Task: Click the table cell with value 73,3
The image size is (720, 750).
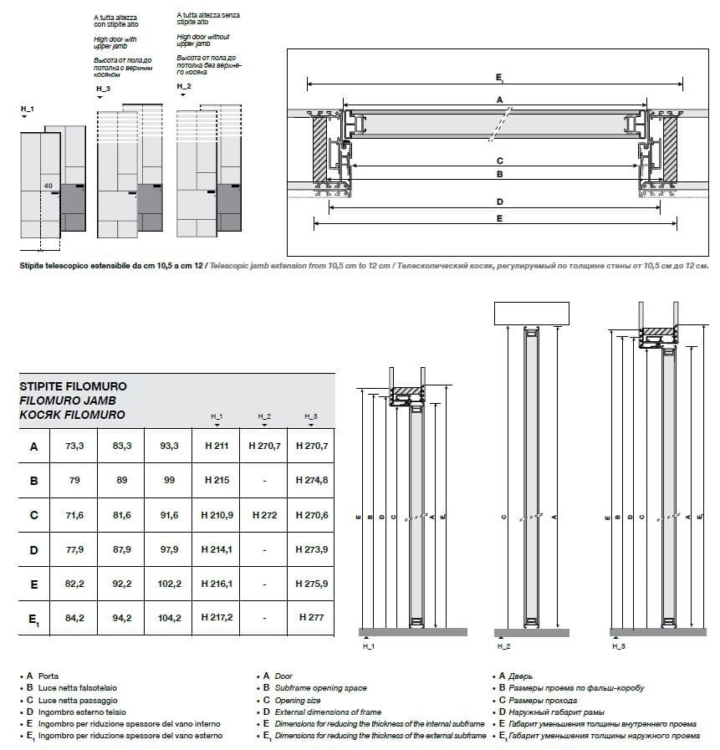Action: [74, 446]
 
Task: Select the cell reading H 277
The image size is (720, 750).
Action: [311, 618]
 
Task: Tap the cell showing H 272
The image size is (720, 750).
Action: [263, 515]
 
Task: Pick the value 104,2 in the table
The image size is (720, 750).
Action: [169, 618]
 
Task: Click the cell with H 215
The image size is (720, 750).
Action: [216, 481]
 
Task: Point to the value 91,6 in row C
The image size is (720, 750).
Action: [169, 515]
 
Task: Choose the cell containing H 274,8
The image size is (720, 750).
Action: [311, 481]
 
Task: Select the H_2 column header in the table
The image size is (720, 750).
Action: [263, 416]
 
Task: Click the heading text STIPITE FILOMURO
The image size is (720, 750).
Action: [73, 388]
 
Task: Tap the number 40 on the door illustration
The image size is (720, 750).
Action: [49, 186]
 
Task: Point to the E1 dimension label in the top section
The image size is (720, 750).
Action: [498, 77]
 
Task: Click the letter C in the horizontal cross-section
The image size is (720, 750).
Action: [499, 161]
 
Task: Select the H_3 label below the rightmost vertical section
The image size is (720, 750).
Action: [618, 646]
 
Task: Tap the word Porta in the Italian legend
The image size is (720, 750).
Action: [48, 676]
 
